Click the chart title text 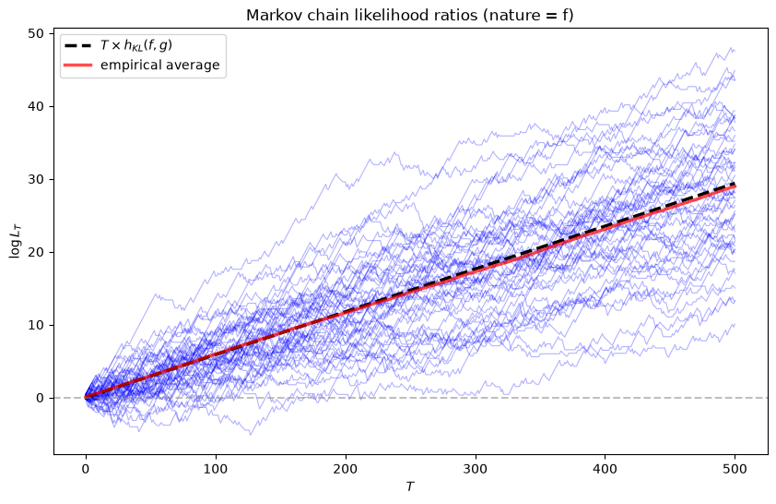pos(410,16)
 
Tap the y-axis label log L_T pos(15,241)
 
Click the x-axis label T pos(410,486)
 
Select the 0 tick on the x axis pos(86,468)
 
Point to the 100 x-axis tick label pos(216,468)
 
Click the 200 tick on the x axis pos(346,468)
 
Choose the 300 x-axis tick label pos(476,468)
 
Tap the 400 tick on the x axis pos(606,468)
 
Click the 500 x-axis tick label pos(735,468)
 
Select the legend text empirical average pos(159,65)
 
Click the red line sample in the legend pos(78,66)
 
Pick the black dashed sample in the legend pos(78,45)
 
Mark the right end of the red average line pos(735,186)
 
